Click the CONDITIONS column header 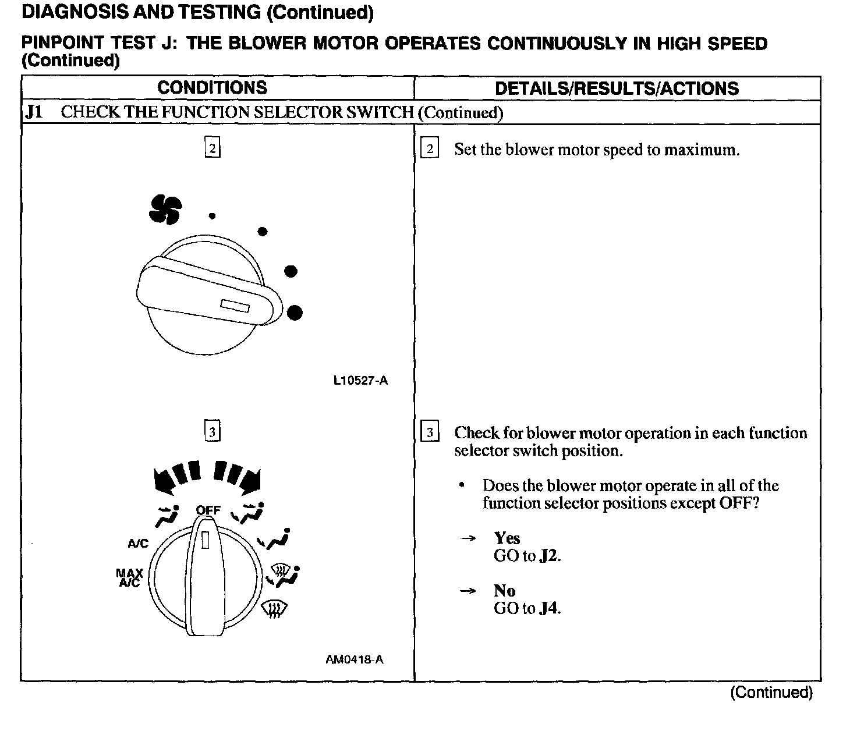point(212,88)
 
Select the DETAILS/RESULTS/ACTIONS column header point(617,88)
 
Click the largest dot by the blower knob point(295,313)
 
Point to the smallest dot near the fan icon point(213,216)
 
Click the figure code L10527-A point(360,381)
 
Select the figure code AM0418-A point(355,659)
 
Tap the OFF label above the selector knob point(208,510)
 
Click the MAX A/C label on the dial point(130,579)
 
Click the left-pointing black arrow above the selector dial point(164,479)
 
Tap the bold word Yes point(507,538)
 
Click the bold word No point(504,591)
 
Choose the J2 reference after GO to point(549,556)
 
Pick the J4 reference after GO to point(549,609)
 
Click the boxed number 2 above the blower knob point(213,148)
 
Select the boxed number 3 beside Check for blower point(430,433)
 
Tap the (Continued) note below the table point(771,692)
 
